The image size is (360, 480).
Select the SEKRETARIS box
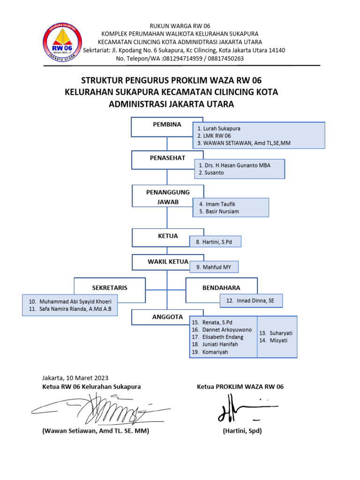coord(110,288)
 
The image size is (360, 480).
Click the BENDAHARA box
coord(221,288)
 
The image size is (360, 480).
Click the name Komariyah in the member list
coord(215,352)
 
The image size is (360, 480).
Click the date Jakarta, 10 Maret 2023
coord(75,378)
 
